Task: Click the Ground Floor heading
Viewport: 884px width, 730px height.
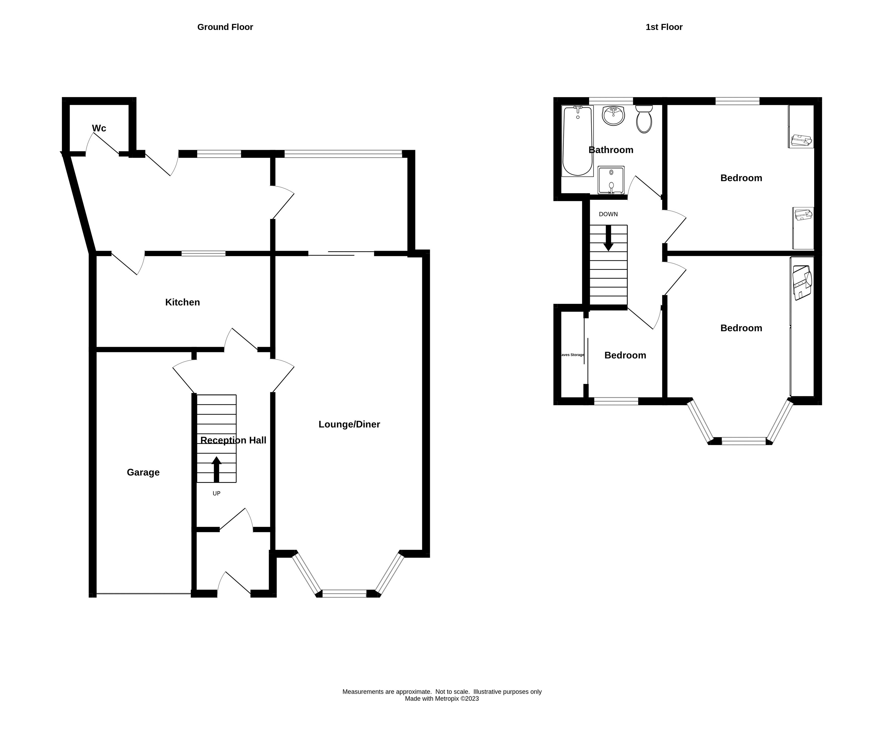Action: (225, 27)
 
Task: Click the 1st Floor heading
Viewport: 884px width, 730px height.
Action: (663, 27)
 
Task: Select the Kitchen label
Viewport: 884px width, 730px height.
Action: (182, 302)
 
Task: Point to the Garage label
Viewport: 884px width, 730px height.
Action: (143, 472)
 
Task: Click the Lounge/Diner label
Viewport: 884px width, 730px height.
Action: (349, 424)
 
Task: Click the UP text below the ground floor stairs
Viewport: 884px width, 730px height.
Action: (216, 493)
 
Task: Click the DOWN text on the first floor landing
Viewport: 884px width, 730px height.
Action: (608, 214)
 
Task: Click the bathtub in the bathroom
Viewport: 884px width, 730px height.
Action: (577, 141)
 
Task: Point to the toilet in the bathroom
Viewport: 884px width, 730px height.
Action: (644, 119)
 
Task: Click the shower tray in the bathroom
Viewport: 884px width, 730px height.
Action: (611, 180)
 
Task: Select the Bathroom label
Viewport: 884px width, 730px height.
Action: (611, 150)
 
